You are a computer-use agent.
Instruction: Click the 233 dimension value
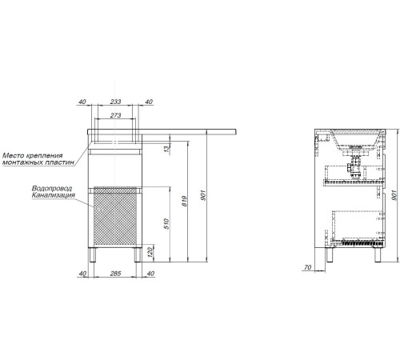[115, 102]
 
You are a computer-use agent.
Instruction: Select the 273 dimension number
[115, 115]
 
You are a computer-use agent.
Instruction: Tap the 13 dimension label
[166, 149]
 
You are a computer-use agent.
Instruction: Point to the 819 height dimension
[185, 201]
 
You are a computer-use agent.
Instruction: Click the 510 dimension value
[166, 224]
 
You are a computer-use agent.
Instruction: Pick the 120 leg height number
[150, 252]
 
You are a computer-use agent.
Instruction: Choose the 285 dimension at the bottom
[115, 274]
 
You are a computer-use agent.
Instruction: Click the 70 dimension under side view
[307, 267]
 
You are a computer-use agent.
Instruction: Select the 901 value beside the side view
[394, 195]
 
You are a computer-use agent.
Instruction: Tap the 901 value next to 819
[203, 195]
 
